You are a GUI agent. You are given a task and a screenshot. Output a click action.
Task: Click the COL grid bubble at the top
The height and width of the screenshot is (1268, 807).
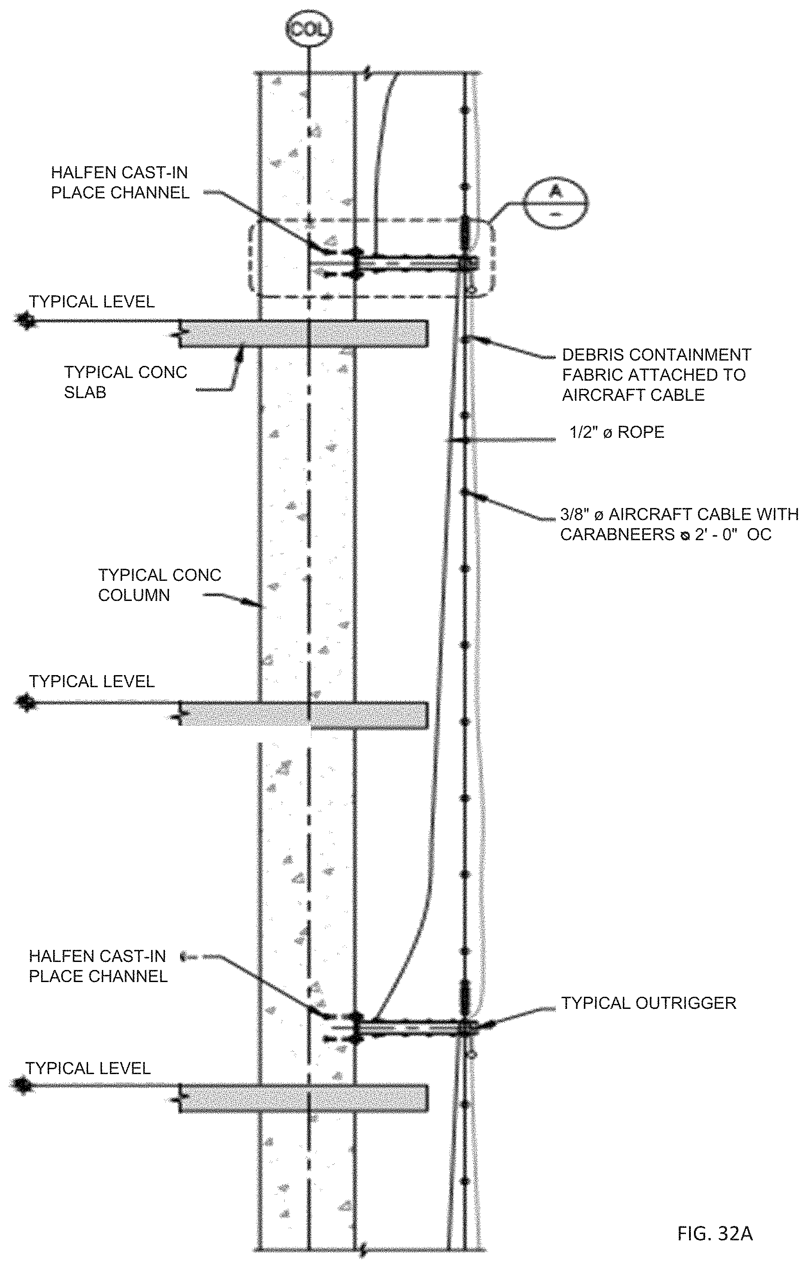[x=309, y=29]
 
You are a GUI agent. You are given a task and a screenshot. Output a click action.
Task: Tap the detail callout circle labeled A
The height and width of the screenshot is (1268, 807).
[x=556, y=203]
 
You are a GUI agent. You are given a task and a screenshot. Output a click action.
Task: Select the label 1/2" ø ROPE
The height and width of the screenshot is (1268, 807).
[x=617, y=432]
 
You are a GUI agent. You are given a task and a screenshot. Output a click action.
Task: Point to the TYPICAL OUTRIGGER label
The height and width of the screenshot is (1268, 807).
[x=648, y=1003]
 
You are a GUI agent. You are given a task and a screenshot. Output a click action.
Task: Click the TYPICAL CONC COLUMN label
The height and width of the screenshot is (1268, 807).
[x=159, y=585]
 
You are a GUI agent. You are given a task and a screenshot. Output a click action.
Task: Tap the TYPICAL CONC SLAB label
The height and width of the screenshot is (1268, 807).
[x=126, y=382]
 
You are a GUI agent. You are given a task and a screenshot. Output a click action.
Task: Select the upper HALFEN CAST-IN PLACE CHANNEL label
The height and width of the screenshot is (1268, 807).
[x=120, y=183]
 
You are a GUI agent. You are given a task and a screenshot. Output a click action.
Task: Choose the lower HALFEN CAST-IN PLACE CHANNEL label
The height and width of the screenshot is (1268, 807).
[x=98, y=966]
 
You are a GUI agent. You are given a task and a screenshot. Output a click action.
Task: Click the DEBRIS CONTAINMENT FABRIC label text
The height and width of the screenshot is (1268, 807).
[x=656, y=374]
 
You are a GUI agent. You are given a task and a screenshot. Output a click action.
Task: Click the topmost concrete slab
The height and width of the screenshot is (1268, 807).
[x=303, y=334]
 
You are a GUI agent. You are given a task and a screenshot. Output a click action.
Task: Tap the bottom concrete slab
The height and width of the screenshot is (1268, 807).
[x=303, y=1098]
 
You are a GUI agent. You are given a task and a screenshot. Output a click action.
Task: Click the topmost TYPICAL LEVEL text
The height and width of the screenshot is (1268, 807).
[x=92, y=302]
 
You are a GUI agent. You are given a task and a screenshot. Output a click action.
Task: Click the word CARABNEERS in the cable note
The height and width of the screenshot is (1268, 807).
[x=617, y=534]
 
